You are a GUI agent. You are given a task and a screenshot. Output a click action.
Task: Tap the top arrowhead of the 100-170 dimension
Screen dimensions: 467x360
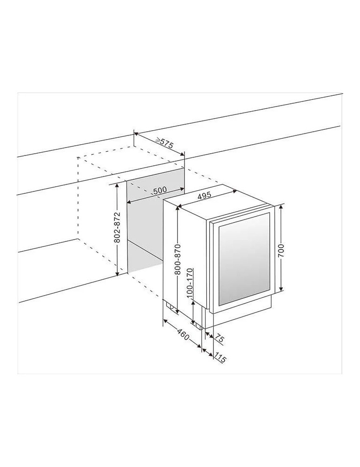(x=194, y=300)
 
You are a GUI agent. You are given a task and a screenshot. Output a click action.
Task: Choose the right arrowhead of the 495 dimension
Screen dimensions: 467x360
(x=233, y=192)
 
